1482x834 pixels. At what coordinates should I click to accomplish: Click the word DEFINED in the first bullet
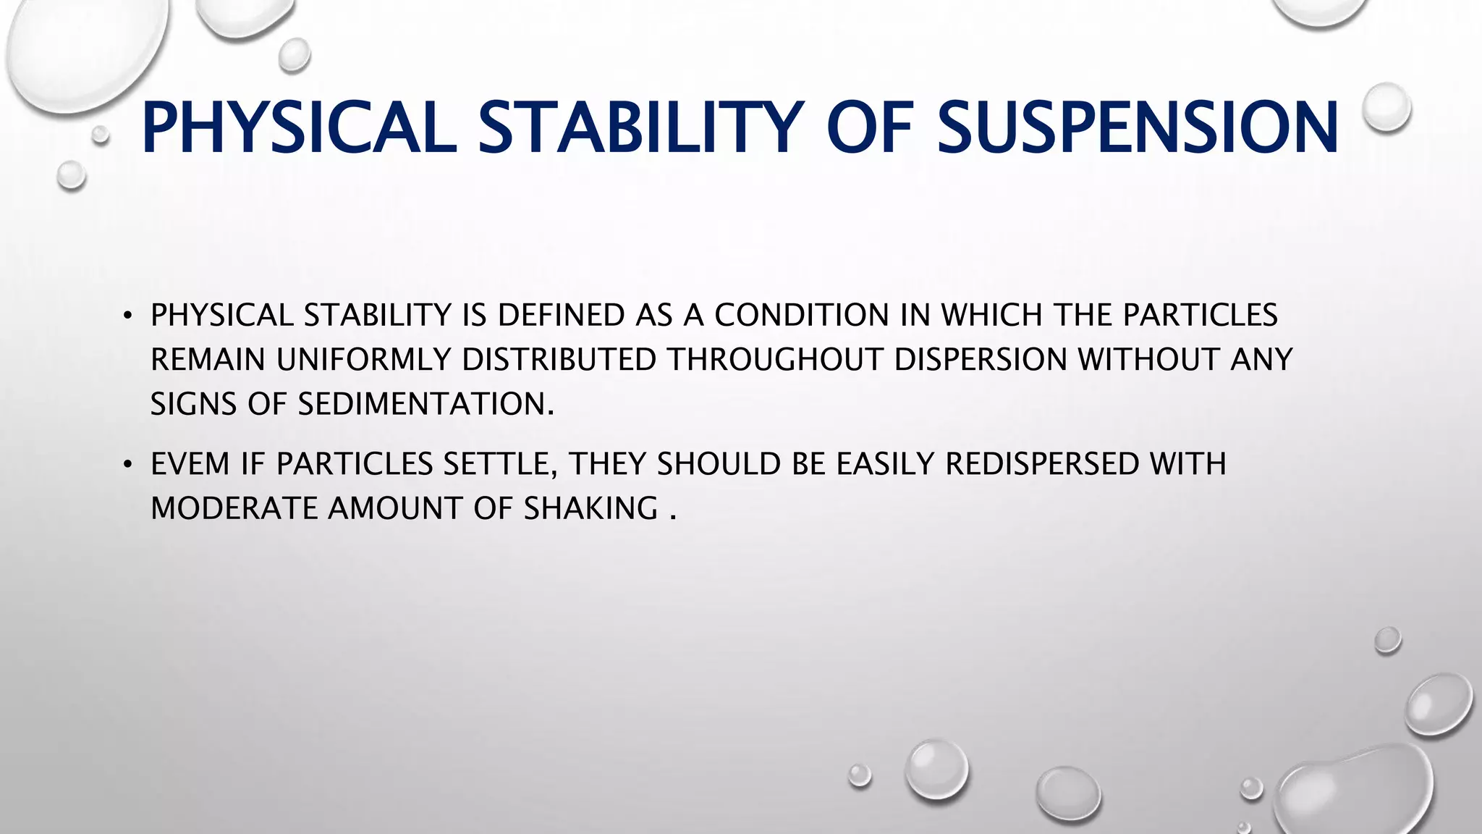point(551,316)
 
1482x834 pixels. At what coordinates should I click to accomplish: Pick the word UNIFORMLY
point(363,360)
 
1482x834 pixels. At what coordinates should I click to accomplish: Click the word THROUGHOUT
point(774,360)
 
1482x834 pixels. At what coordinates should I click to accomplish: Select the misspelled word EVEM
point(190,464)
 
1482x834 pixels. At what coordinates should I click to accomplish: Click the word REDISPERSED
point(1042,464)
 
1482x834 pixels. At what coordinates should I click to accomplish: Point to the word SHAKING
point(590,508)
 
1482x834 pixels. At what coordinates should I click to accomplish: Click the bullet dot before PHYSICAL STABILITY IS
point(128,316)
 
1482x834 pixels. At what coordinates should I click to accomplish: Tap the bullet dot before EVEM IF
point(128,465)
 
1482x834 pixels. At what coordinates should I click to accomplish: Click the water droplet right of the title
point(1386,107)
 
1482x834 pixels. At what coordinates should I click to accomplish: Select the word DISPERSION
point(980,360)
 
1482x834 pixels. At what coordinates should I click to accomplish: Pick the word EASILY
point(885,464)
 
